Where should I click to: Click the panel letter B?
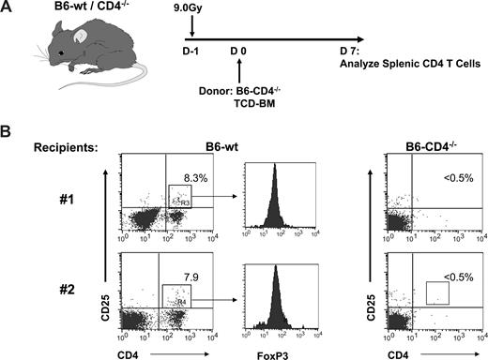click(x=8, y=136)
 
